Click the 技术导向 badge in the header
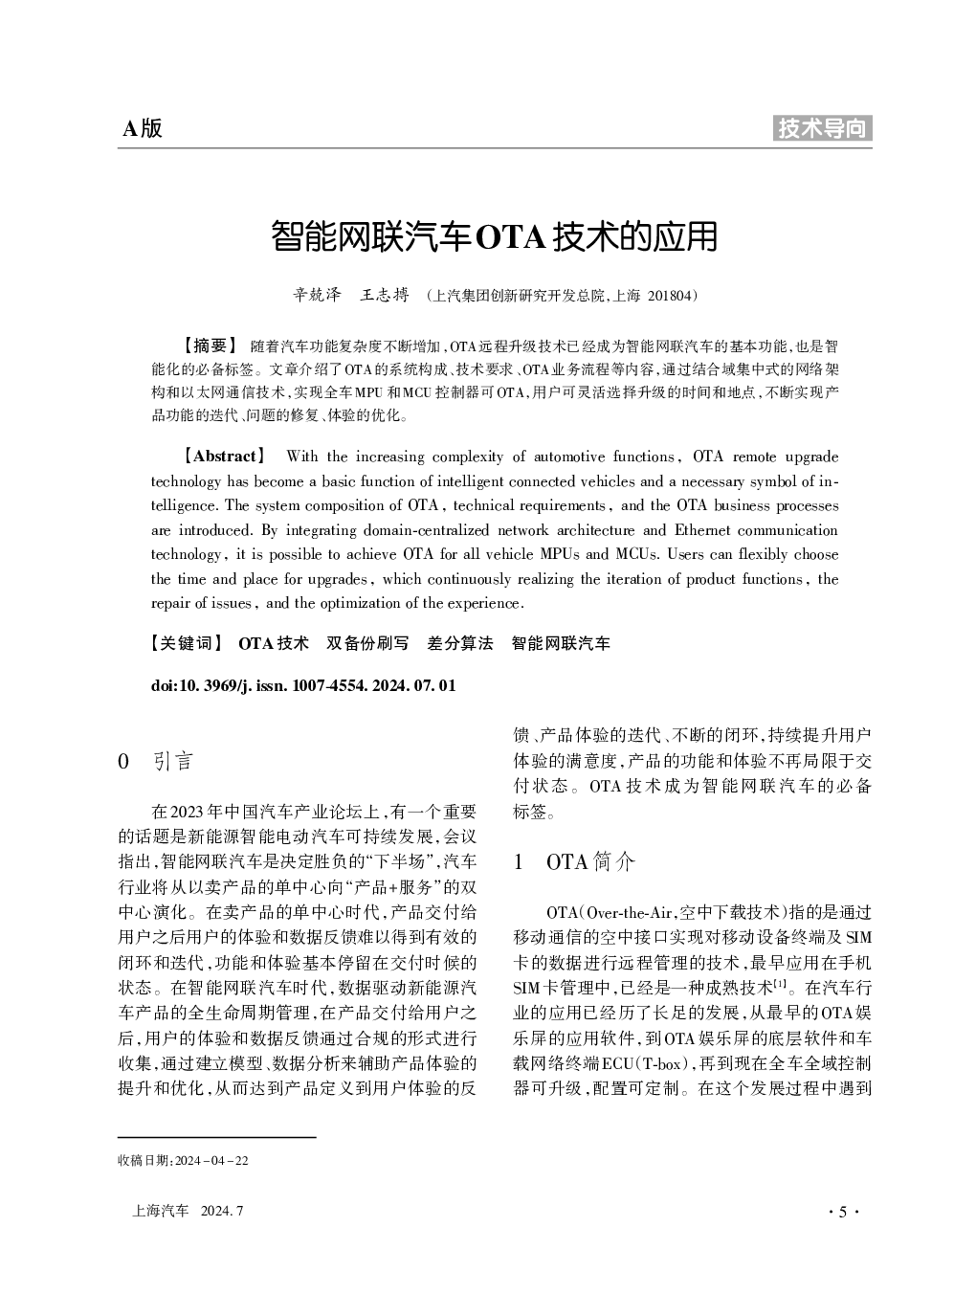(822, 128)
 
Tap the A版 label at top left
(143, 128)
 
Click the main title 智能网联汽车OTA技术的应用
(494, 236)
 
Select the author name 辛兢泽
(316, 296)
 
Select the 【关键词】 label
(187, 643)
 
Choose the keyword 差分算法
(460, 643)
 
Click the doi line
(303, 685)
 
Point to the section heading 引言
(173, 762)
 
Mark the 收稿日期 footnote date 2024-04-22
(210, 1161)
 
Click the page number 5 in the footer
(842, 1212)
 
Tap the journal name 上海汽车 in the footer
(161, 1212)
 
